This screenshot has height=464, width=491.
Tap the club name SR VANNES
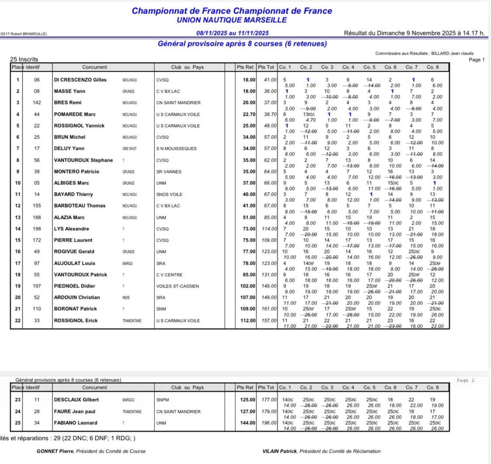[x=167, y=172]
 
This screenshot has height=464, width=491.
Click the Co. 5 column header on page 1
[x=369, y=67]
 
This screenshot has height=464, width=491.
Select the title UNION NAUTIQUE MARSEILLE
[x=232, y=20]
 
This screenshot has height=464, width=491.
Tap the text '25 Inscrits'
[x=24, y=59]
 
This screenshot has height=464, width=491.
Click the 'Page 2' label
[x=465, y=381]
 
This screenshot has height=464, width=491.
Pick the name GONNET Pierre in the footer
[x=55, y=451]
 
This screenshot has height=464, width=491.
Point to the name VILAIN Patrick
[x=277, y=451]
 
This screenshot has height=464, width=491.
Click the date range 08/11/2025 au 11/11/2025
[x=232, y=33]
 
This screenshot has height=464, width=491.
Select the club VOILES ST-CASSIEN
[x=177, y=286]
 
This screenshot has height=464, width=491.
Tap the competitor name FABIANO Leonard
[x=76, y=423]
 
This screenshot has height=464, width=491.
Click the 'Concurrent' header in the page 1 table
[x=94, y=67]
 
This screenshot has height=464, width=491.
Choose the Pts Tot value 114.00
[x=268, y=229]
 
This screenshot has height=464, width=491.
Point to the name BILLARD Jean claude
[x=453, y=53]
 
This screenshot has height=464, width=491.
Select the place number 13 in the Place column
[x=17, y=218]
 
